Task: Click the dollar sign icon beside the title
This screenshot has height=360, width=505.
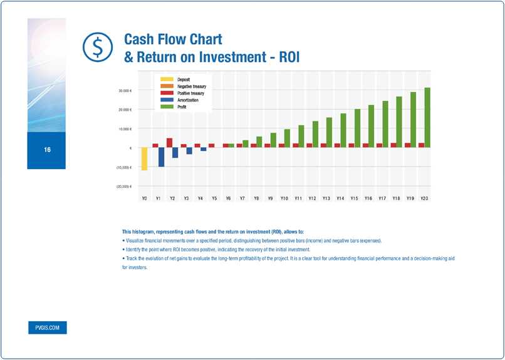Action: tap(96, 46)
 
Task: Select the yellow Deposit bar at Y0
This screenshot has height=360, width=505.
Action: tap(144, 158)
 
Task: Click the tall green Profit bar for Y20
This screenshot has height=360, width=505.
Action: tap(427, 117)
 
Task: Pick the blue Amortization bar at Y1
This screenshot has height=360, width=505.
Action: tap(161, 157)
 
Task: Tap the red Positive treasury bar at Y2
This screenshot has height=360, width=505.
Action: tap(169, 143)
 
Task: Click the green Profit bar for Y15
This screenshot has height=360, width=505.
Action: tap(357, 128)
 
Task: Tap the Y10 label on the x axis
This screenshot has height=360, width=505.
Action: tap(284, 198)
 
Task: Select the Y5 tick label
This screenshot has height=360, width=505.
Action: tap(214, 198)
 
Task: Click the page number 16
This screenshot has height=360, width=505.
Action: tap(47, 150)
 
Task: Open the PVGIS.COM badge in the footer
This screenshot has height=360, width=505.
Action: tap(47, 328)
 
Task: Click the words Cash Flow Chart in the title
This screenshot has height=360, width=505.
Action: tap(173, 39)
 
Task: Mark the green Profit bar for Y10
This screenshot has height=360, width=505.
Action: tap(287, 138)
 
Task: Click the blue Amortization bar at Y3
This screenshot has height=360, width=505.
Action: tap(189, 151)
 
